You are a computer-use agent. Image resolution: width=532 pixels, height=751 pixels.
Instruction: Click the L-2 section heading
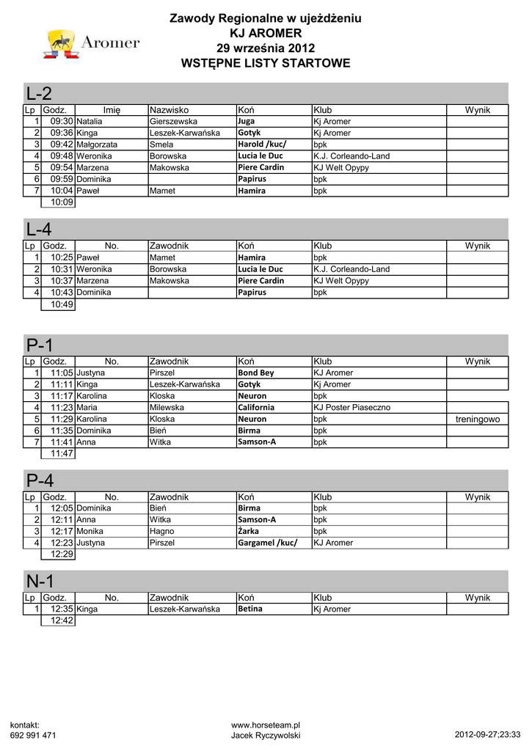click(x=39, y=94)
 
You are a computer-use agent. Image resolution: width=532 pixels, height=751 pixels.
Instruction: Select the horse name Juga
click(x=247, y=121)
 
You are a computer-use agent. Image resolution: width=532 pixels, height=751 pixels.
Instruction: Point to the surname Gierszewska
click(x=173, y=121)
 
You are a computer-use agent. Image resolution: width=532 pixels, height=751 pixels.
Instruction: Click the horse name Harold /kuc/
click(x=261, y=144)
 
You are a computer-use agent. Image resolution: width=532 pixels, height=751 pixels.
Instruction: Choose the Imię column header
click(x=112, y=110)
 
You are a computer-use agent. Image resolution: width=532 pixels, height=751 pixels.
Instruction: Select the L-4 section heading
click(x=39, y=230)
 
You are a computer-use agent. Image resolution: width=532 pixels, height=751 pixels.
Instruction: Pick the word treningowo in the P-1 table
click(x=477, y=419)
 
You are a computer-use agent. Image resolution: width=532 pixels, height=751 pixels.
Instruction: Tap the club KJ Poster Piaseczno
click(x=351, y=407)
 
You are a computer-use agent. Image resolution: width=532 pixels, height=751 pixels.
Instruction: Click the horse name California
click(x=256, y=407)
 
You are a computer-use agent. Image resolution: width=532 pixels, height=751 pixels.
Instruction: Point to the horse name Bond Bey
click(x=255, y=373)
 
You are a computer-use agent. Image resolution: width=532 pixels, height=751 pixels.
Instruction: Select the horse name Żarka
click(x=249, y=531)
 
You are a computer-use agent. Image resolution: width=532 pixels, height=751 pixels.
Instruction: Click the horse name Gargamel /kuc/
click(x=267, y=543)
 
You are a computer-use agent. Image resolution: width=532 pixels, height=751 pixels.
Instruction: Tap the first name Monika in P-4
click(x=90, y=531)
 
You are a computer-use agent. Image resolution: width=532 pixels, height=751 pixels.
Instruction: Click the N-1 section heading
click(x=40, y=582)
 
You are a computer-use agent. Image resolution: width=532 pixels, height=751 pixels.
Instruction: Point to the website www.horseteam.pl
click(x=266, y=725)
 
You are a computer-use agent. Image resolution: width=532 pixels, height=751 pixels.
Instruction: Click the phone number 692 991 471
click(x=33, y=735)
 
